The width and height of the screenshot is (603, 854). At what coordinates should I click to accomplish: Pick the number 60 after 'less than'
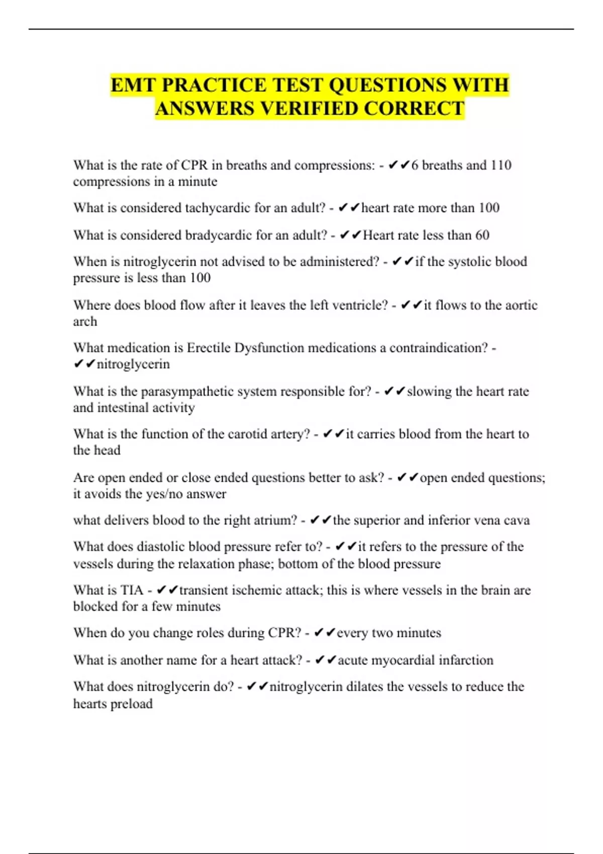pyautogui.click(x=481, y=235)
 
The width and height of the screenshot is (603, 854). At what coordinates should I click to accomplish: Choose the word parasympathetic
pyautogui.click(x=208, y=391)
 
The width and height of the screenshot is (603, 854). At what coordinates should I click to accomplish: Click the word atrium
pyautogui.click(x=276, y=520)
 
